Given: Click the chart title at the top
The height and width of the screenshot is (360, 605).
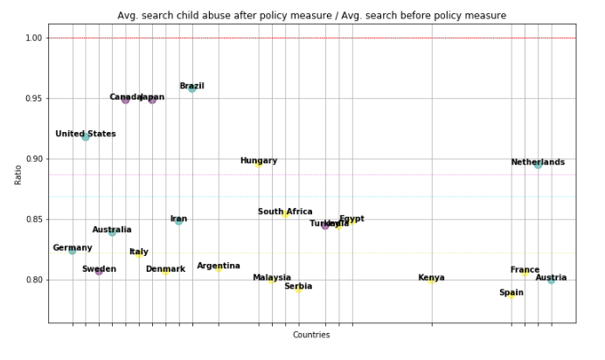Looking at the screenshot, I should tap(311, 16).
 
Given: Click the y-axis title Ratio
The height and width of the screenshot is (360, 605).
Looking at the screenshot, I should tap(17, 174).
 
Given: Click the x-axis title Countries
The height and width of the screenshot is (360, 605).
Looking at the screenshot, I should tap(311, 335).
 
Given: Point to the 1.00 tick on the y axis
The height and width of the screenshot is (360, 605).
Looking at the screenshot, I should tap(33, 38).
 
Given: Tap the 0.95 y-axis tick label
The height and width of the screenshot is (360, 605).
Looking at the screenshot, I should tap(33, 99).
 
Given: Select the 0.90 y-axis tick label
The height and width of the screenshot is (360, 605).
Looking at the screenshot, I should tap(33, 159).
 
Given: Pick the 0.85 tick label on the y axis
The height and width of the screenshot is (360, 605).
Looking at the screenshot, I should tap(33, 219).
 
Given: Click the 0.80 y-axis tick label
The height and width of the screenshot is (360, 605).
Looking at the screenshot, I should tap(33, 280).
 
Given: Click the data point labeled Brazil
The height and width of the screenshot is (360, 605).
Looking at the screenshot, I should tap(192, 88).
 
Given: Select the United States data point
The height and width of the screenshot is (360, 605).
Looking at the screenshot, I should tap(86, 137).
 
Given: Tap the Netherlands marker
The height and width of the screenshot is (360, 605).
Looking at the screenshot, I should tap(538, 164).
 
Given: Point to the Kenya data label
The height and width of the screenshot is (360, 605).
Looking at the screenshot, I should tap(431, 278).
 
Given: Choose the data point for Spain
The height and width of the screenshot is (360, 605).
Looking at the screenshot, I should tap(511, 295).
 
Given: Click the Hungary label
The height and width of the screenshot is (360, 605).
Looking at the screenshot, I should tap(259, 161).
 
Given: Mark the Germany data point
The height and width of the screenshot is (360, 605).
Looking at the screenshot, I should tap(73, 251).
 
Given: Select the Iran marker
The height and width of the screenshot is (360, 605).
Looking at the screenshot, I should tap(178, 221).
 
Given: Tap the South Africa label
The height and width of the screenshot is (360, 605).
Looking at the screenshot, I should tap(285, 211).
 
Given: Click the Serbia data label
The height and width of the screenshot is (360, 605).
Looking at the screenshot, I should tap(298, 287).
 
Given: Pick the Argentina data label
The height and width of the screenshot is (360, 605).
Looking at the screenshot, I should tap(219, 266).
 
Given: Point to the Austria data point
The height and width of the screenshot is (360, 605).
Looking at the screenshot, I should tap(551, 280).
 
